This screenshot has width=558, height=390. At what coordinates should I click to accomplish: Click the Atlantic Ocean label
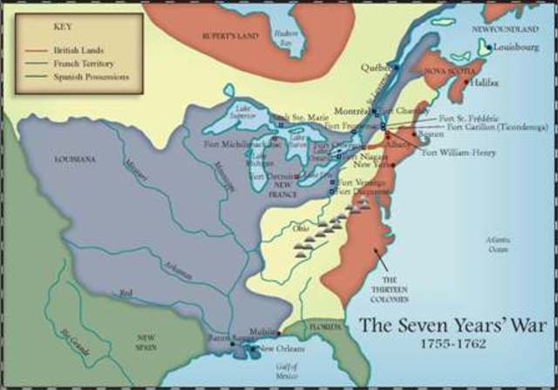498,245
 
